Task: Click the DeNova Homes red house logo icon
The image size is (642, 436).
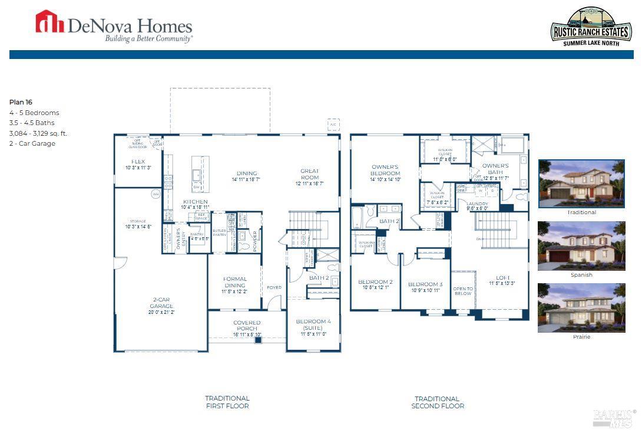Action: coord(49,22)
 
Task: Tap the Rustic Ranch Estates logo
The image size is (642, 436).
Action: coord(583,27)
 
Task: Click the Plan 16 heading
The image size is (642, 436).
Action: coord(21,102)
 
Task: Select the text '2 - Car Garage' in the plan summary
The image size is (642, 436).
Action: coord(32,143)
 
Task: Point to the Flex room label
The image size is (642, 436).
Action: coord(138,161)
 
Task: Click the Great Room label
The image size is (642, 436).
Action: coord(310,174)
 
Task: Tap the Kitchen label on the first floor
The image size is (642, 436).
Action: coord(195,202)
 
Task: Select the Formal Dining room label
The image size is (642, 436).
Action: coord(235,283)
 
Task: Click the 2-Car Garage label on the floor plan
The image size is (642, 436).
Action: coord(161,302)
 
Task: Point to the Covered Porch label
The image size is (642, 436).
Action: coord(247,326)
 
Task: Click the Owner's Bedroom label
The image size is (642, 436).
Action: coord(385,171)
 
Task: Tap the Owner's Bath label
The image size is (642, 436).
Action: coord(495,169)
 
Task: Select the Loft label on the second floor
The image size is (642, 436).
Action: coord(502,277)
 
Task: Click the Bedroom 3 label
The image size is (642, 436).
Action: coord(425,284)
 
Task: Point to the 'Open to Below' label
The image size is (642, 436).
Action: coord(463,291)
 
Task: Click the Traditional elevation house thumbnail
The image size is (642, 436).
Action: coord(581,183)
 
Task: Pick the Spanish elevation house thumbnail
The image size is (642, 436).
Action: coord(581,246)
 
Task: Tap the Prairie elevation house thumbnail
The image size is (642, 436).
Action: coord(581,307)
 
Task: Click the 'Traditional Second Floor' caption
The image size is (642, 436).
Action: coord(438,402)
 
